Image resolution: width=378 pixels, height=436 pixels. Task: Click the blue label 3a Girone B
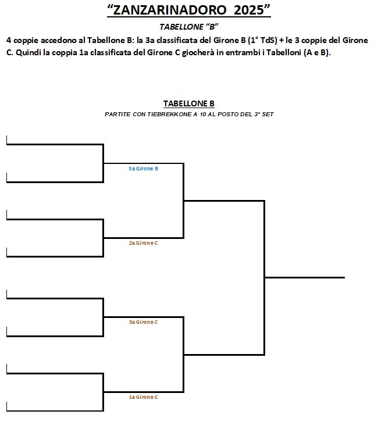coord(143,169)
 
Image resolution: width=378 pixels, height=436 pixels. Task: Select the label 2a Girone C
coord(143,243)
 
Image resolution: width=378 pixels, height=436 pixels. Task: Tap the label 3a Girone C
coord(143,322)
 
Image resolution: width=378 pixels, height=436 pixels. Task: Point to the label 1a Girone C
coord(143,397)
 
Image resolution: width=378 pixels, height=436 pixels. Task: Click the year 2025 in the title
coord(249,10)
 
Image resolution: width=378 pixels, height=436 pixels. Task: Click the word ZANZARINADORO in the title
coord(170,10)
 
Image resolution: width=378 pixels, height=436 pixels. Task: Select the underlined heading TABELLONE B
coord(189,103)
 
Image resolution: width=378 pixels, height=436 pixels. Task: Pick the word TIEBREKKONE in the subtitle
coord(169,115)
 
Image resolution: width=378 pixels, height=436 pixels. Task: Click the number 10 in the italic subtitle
coord(202,115)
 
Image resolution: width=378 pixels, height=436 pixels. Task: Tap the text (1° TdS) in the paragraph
coord(262,40)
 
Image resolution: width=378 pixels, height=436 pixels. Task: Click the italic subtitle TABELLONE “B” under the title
coord(189,27)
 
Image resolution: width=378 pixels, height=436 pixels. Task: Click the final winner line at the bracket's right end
coord(305,277)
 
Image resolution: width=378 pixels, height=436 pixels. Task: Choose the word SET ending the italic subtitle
coord(268,115)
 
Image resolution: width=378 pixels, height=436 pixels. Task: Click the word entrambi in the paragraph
coord(243,52)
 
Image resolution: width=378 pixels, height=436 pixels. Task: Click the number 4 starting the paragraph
coord(9,41)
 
